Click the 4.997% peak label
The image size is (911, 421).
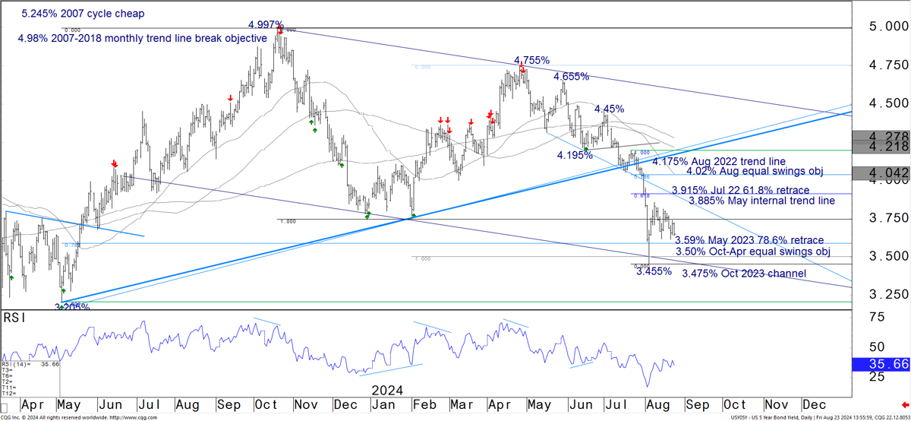click(266, 25)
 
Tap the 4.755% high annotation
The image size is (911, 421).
click(531, 60)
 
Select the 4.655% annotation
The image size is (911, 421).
click(572, 77)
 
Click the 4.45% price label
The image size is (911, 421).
click(609, 109)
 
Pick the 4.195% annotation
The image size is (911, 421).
click(575, 155)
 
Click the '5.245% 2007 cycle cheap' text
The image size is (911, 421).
click(83, 14)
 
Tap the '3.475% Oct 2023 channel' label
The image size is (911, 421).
click(744, 274)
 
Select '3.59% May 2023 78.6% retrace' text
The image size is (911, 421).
click(749, 240)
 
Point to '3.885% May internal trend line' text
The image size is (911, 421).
click(761, 201)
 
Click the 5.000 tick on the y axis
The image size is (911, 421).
click(881, 27)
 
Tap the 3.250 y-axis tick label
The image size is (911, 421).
click(881, 294)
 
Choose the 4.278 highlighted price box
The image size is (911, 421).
click(881, 136)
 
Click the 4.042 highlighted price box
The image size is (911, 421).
click(881, 173)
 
